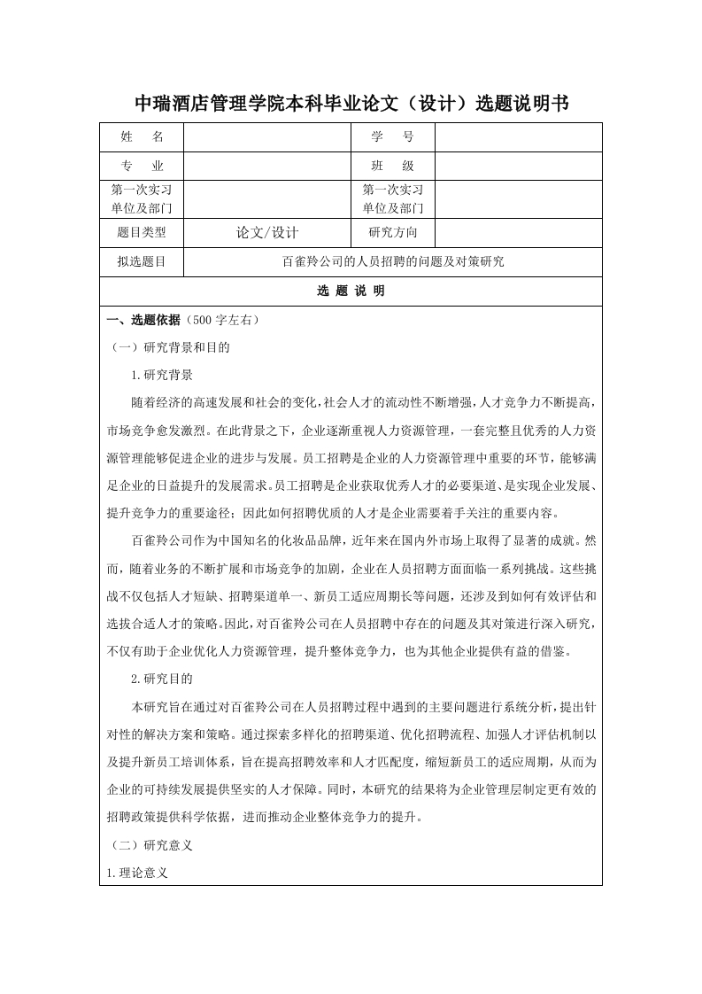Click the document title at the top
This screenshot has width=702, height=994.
(351, 105)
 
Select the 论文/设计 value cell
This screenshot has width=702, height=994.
(267, 233)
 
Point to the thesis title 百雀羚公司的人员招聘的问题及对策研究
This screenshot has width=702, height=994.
(392, 262)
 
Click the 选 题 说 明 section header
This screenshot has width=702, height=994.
(351, 291)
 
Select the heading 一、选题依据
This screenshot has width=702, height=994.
(143, 320)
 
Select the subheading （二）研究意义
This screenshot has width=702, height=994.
(150, 845)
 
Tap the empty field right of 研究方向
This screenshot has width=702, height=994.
(518, 233)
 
